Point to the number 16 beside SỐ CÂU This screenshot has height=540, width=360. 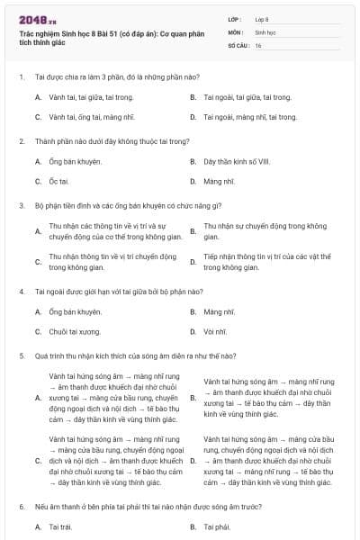(x=258, y=44)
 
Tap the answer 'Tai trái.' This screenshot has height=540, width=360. (x=59, y=526)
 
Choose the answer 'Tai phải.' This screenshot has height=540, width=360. (x=218, y=526)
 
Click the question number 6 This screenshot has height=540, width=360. (x=21, y=508)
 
